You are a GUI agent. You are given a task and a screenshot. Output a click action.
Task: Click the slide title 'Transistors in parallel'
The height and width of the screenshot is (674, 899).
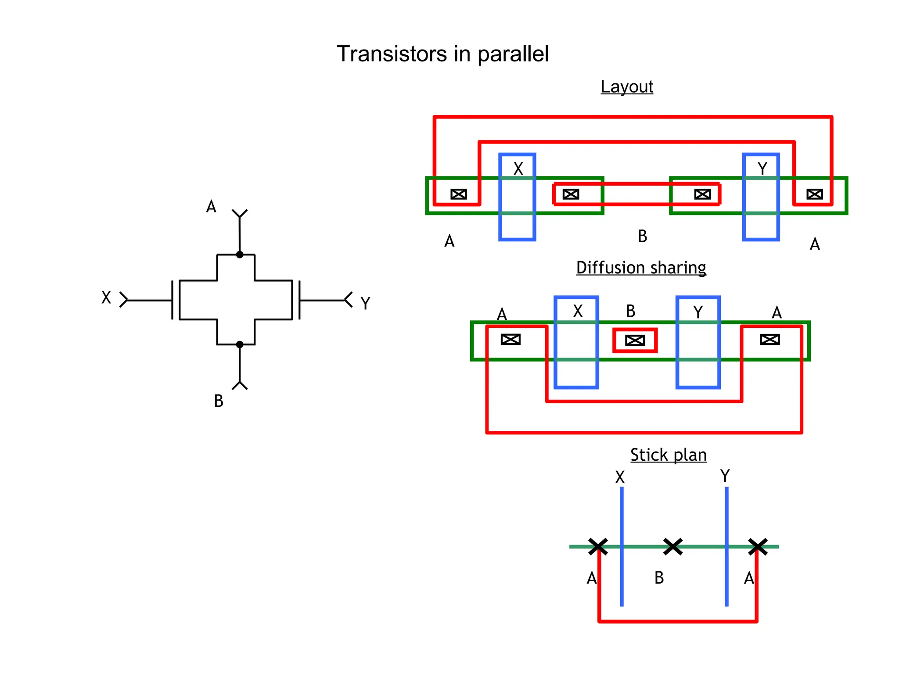[x=442, y=54]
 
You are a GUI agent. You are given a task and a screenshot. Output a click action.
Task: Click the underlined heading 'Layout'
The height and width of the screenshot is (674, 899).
[x=626, y=86]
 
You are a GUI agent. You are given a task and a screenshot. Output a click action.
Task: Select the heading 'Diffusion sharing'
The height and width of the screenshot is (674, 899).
[x=641, y=267]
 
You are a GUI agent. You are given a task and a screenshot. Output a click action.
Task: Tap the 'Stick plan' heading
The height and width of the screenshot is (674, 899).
[x=668, y=455]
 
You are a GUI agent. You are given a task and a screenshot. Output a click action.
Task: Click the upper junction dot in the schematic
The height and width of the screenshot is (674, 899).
[x=240, y=255]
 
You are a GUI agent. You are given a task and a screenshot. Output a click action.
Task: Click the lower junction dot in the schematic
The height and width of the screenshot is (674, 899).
[x=240, y=344]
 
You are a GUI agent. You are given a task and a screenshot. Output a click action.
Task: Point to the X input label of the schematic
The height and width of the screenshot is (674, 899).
[x=106, y=298]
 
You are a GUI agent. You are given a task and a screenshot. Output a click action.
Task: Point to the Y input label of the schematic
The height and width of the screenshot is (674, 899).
[x=365, y=303]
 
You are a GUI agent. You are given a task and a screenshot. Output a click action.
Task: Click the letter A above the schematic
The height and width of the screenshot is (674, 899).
[x=211, y=206]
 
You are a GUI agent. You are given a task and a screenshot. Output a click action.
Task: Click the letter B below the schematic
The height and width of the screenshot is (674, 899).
[x=219, y=401]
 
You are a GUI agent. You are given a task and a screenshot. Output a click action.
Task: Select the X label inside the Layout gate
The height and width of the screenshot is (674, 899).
[x=518, y=169]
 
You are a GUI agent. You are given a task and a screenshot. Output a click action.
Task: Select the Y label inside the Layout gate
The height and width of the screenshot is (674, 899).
[x=762, y=169]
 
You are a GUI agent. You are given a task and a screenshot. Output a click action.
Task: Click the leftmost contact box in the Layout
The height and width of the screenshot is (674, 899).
[x=459, y=194]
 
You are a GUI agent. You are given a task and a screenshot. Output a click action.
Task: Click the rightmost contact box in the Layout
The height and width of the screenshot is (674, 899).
[x=815, y=194]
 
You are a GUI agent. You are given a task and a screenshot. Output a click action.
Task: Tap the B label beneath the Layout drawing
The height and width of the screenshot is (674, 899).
[x=642, y=236]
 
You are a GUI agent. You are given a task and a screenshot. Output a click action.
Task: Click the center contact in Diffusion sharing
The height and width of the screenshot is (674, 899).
[x=635, y=340]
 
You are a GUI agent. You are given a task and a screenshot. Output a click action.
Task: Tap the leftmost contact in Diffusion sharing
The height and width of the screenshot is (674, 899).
[x=511, y=339]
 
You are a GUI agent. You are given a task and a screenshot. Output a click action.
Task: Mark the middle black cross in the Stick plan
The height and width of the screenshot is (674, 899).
[x=673, y=547]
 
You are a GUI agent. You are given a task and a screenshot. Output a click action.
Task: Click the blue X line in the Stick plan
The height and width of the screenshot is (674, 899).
[x=622, y=570]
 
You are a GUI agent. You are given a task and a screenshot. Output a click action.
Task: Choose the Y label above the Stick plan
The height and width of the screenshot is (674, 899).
[x=725, y=476]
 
